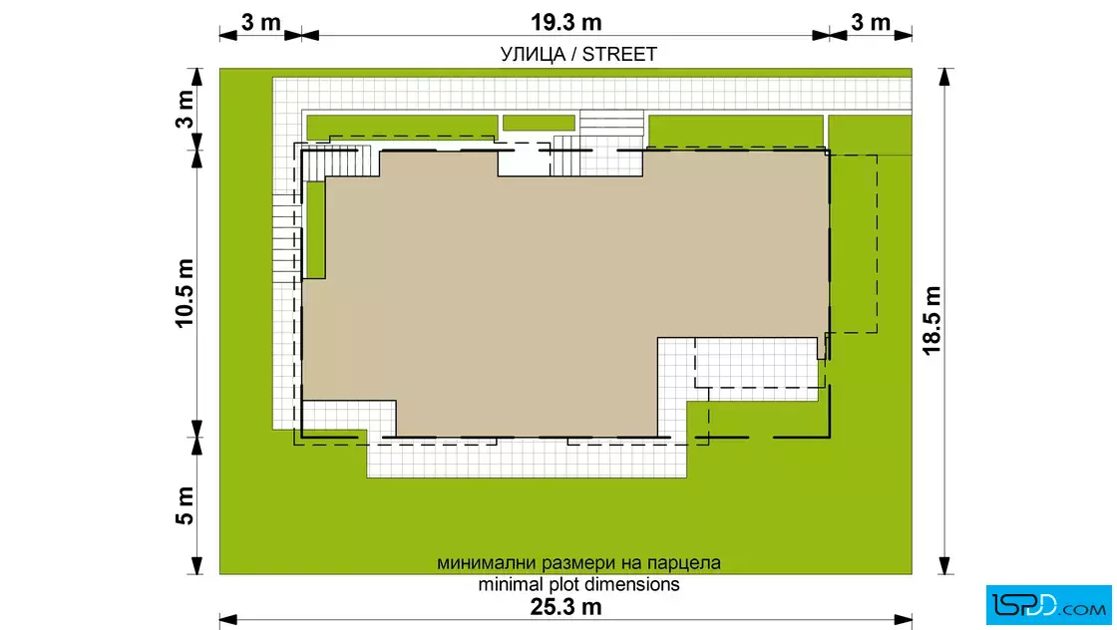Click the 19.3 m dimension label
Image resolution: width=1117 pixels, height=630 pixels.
(565, 22)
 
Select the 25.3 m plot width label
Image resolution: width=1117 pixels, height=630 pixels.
(565, 607)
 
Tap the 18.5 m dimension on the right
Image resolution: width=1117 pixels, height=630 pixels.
(931, 320)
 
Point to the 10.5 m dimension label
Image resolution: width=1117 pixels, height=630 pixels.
(185, 293)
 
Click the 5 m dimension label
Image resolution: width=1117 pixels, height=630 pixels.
(185, 505)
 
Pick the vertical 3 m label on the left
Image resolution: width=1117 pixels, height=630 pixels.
(185, 109)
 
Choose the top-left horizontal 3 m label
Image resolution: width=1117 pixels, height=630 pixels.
(260, 22)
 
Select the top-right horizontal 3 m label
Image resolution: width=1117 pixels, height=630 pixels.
(871, 22)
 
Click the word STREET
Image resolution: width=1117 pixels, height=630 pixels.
(619, 55)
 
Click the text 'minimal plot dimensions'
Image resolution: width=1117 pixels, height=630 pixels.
(578, 584)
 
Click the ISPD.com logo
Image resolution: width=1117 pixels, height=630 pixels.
(1048, 605)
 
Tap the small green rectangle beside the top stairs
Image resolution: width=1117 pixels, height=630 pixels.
(539, 124)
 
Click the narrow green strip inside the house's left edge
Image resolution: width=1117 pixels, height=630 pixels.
(315, 229)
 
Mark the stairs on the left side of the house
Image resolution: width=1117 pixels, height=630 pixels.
(287, 238)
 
